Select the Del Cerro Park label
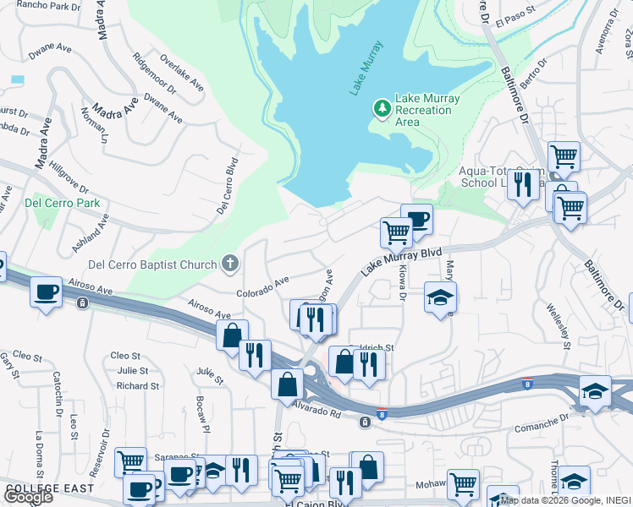click(63, 203)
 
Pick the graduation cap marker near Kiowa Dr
click(440, 297)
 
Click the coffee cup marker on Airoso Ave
click(45, 292)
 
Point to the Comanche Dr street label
click(541, 420)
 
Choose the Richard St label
click(138, 386)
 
